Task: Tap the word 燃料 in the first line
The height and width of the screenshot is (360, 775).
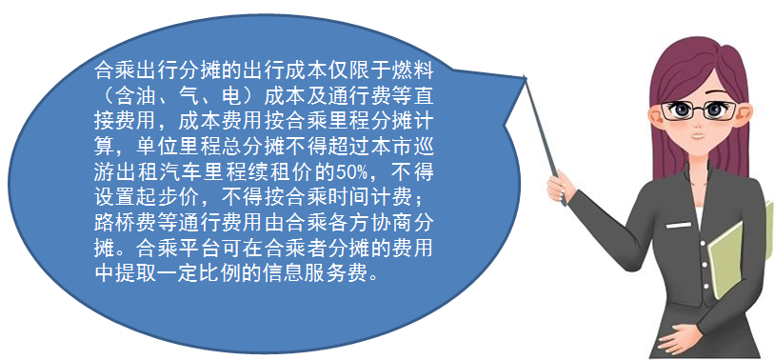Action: (x=416, y=72)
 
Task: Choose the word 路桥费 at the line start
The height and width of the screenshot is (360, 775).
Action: (x=119, y=224)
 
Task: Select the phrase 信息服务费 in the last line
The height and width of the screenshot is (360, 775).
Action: (x=322, y=274)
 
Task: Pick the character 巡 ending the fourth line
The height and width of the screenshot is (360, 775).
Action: (x=425, y=148)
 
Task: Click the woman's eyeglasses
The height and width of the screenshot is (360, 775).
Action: (x=700, y=110)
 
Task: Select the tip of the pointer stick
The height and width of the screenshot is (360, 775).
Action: (x=525, y=76)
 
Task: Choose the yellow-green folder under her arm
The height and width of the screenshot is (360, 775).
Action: (x=740, y=257)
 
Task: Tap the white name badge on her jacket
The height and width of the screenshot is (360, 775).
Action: (x=679, y=225)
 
